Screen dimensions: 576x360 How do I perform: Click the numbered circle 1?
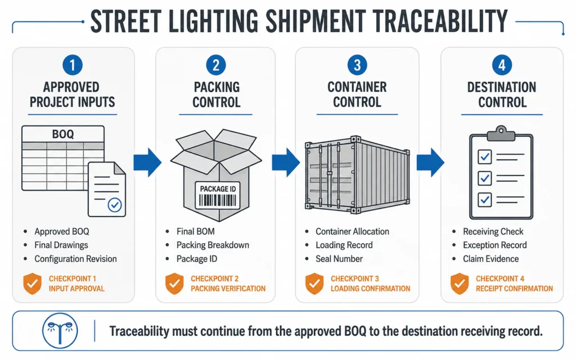pyautogui.click(x=73, y=65)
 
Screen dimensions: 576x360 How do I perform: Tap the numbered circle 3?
pyautogui.click(x=357, y=65)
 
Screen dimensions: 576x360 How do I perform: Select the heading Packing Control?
pyautogui.click(x=217, y=94)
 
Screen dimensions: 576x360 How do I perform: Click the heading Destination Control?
pyautogui.click(x=502, y=94)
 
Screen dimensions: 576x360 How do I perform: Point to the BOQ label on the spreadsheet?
pyautogui.click(x=63, y=134)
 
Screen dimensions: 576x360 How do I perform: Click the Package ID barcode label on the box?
pyautogui.click(x=218, y=195)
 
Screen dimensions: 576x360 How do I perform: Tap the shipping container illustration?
pyautogui.click(x=357, y=174)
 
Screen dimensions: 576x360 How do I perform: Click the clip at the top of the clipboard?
pyautogui.click(x=501, y=134)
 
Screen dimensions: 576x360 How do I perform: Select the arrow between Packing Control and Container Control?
pyautogui.click(x=286, y=163)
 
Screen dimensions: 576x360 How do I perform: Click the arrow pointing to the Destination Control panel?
pyautogui.click(x=430, y=163)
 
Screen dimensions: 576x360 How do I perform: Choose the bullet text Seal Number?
pyautogui.click(x=339, y=259)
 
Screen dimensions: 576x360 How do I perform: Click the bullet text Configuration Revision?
pyautogui.click(x=76, y=259)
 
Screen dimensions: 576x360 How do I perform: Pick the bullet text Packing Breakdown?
pyautogui.click(x=213, y=245)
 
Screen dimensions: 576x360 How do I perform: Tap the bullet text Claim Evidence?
pyautogui.click(x=490, y=259)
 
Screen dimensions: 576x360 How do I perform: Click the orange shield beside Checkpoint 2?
pyautogui.click(x=174, y=283)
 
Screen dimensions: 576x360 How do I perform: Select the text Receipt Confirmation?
pyautogui.click(x=514, y=289)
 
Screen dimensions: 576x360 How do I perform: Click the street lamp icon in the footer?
pyautogui.click(x=60, y=330)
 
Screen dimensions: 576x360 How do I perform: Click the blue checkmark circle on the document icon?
pyautogui.click(x=115, y=205)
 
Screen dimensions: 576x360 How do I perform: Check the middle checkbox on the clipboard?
pyautogui.click(x=484, y=178)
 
